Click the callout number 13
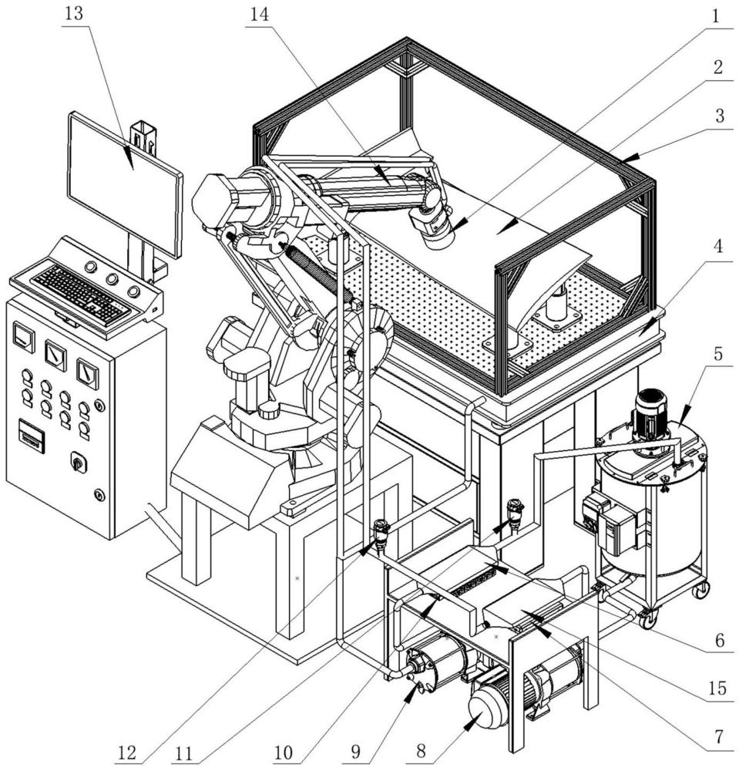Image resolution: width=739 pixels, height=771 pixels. coord(74,14)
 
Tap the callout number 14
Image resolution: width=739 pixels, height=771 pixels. coord(260,14)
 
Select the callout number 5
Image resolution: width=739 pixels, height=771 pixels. coord(718,353)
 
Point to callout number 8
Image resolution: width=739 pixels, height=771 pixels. coord(422,751)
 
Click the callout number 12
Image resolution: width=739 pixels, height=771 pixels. coord(127,752)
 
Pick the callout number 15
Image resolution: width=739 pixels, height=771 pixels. coord(718,689)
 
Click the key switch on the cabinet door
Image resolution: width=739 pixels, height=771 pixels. coord(78,462)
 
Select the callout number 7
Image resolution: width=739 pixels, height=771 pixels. coord(718,736)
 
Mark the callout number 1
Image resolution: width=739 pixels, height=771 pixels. coord(716,16)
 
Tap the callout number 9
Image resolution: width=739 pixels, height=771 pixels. coord(355,751)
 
